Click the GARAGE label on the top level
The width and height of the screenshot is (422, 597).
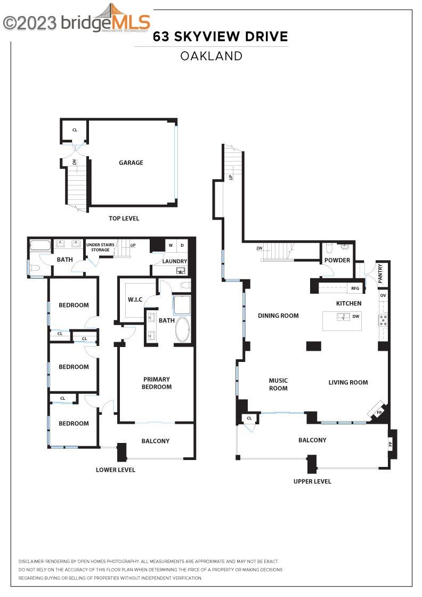tap(131, 163)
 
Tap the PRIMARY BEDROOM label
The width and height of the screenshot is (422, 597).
tap(157, 383)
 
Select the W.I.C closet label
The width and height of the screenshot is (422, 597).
tap(135, 299)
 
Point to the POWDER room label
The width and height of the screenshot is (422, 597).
tap(337, 260)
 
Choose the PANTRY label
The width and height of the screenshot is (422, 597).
tap(380, 273)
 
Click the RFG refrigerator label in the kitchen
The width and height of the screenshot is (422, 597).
tap(355, 288)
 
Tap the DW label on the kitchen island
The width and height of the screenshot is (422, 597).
tap(355, 317)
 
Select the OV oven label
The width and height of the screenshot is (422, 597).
tap(383, 295)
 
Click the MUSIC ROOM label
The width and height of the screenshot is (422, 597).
tap(278, 384)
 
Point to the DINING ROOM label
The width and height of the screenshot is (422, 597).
tap(278, 316)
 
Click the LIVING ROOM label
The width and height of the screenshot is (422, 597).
tap(348, 382)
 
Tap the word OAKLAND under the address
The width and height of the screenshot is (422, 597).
tap(211, 55)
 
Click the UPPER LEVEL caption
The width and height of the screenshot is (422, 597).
tap(312, 481)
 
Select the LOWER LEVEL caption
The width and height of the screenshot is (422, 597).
tap(116, 470)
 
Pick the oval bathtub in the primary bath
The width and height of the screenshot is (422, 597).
tap(181, 330)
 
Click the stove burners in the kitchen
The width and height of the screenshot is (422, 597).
tap(383, 320)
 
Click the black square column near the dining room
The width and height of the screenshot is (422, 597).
tap(314, 346)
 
